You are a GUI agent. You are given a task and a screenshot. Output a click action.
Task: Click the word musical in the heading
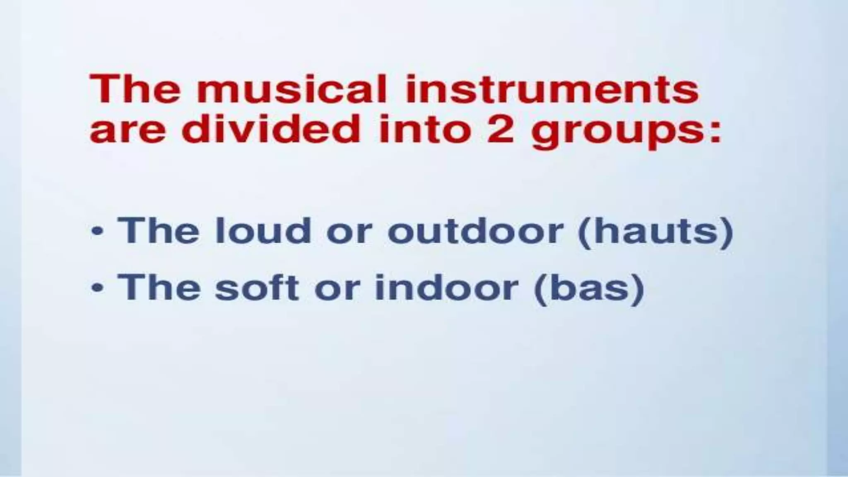coord(291,89)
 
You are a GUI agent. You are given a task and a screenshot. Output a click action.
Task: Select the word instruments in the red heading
coord(552,89)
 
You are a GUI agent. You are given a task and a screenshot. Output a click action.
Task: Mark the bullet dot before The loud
coord(96,232)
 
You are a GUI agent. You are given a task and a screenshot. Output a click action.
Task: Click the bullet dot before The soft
coord(96,288)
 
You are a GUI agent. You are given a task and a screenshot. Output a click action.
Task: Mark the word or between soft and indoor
coord(335,289)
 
